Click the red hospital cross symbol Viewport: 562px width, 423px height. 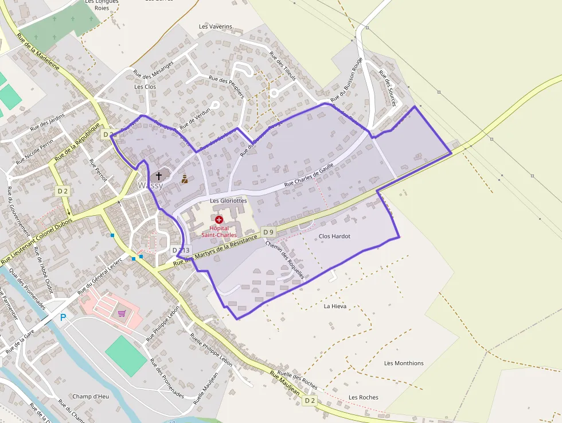coord(218,220)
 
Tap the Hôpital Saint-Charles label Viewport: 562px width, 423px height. coord(218,231)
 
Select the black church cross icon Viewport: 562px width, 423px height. coord(159,176)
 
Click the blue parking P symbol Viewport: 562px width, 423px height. coord(63,317)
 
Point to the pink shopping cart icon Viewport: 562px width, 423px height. coord(122,313)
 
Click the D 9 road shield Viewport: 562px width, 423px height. coord(268,232)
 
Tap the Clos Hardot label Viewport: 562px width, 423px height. coord(334,236)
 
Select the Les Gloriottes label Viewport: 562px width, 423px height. coord(228,201)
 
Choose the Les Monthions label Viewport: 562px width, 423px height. coord(404,363)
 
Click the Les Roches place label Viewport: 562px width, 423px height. coord(363,398)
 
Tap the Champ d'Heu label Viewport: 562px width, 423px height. coord(91,397)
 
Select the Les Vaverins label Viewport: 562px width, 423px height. coord(216,26)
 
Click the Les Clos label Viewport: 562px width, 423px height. coord(145,87)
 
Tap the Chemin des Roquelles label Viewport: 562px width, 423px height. coord(284,259)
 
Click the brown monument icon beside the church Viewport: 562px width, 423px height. coord(185,179)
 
